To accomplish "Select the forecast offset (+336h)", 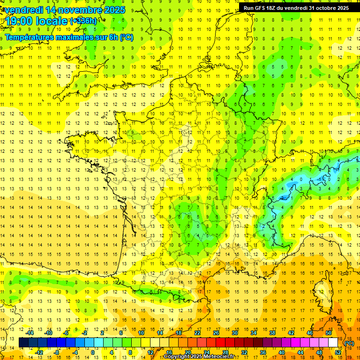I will [x=83, y=21].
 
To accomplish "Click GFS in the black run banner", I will [x=262, y=8].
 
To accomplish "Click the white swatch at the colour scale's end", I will [x=333, y=343].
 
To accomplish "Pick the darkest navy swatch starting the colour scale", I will [x=23, y=343].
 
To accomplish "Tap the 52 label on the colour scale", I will [x=338, y=352].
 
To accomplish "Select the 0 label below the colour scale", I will [x=93, y=352].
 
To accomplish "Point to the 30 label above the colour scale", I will [x=235, y=333].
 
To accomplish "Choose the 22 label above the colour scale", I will [x=197, y=333].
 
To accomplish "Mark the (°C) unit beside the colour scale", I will [x=349, y=343].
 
